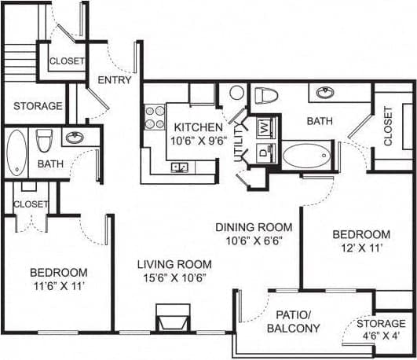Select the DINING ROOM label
(254, 227)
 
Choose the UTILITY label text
(239, 148)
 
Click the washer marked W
(265, 126)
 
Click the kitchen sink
(179, 167)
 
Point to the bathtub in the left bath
(16, 152)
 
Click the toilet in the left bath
(44, 141)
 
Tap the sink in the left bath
(75, 138)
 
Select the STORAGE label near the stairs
(38, 105)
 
